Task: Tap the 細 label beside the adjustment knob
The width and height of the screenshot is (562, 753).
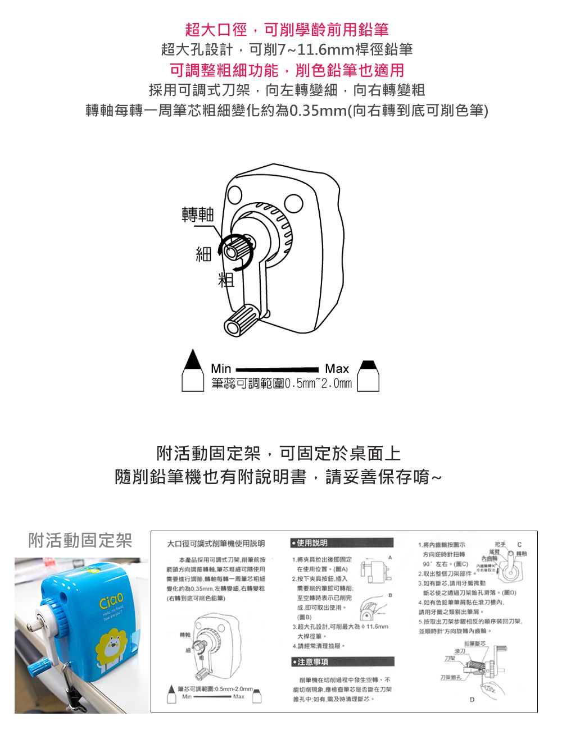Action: pos(203,254)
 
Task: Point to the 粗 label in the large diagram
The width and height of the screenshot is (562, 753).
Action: pos(226,279)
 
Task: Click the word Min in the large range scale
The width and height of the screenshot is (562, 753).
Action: pos(221,368)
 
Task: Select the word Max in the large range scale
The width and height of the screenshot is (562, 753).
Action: pos(337,368)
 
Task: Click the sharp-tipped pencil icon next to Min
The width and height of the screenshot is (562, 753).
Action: pos(192,371)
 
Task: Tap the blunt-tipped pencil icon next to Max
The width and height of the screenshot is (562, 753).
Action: pos(369,376)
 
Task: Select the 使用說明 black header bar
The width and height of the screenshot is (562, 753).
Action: pos(342,543)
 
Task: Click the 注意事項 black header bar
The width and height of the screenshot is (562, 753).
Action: pos(342,662)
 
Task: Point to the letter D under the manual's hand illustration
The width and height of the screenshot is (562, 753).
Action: pos(472,700)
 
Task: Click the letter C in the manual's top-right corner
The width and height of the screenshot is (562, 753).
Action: pos(519,544)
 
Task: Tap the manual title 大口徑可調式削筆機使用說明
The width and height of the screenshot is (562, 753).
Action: pos(216,544)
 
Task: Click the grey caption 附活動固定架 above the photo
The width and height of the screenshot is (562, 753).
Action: pos(80,540)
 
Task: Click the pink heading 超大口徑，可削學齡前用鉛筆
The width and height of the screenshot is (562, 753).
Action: pos(287,29)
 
